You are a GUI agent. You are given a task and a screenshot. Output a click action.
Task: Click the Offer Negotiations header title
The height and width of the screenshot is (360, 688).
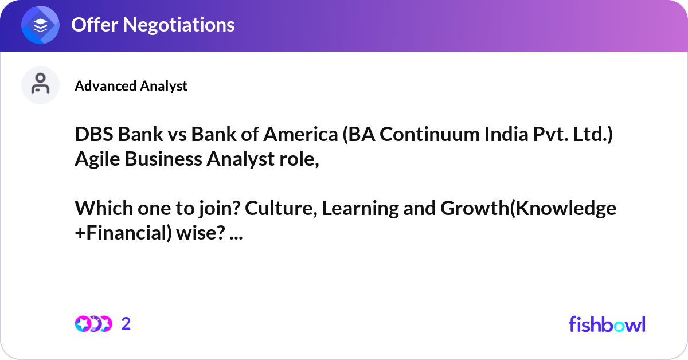153,25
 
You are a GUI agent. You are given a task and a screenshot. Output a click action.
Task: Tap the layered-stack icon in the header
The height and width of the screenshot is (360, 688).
41,25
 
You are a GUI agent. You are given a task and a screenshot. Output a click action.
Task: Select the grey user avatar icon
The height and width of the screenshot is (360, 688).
40,85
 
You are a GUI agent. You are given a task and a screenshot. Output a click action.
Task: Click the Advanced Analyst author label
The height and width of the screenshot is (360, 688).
131,86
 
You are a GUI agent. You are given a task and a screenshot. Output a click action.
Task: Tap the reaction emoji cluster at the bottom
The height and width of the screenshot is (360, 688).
93,324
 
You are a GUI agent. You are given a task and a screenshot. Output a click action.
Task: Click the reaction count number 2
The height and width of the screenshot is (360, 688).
126,324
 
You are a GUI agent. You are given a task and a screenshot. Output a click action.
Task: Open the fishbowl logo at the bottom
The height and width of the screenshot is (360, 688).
607,324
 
